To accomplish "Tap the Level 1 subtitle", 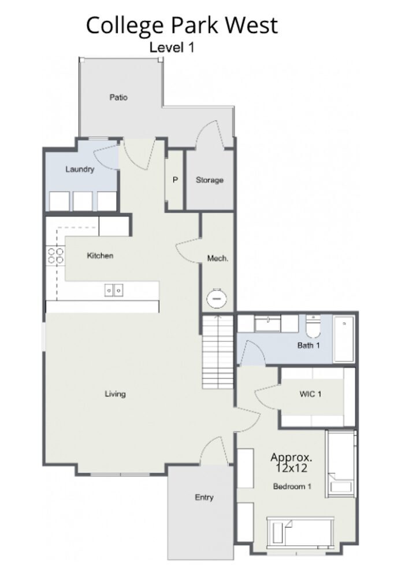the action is [x=172, y=47].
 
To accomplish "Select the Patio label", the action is [x=118, y=97].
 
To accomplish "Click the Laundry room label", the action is [x=80, y=169].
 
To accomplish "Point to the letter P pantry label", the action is [x=175, y=180].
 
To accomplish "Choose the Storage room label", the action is [x=210, y=181].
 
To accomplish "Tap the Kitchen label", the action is [x=100, y=255].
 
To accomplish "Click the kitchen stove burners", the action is [x=55, y=256].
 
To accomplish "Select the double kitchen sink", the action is [x=114, y=291].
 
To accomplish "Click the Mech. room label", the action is [x=218, y=258].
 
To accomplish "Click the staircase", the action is [x=218, y=352].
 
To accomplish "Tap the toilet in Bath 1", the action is [x=313, y=327].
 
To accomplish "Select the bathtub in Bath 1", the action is [x=344, y=339].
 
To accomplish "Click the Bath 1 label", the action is [x=308, y=346].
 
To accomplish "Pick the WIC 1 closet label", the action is [x=311, y=394].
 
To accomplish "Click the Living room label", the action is [x=116, y=394].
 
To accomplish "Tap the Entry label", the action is [x=204, y=498].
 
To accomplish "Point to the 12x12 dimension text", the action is [x=291, y=468].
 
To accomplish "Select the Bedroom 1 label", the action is [x=292, y=487].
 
